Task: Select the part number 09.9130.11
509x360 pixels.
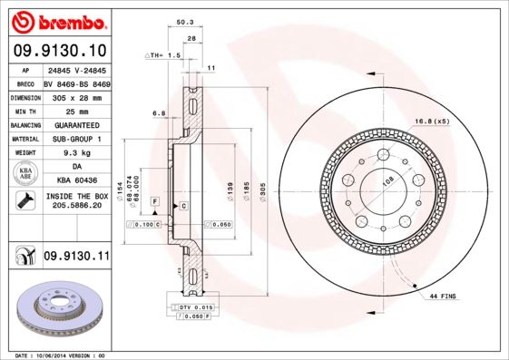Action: pyautogui.click(x=77, y=257)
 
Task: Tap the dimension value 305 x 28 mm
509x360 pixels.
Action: pyautogui.click(x=76, y=95)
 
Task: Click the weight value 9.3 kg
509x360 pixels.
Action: pyautogui.click(x=76, y=153)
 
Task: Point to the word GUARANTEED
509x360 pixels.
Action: pyautogui.click(x=76, y=124)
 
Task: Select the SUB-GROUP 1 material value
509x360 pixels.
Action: pyautogui.click(x=76, y=139)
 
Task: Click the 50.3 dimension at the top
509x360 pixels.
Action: pyautogui.click(x=185, y=22)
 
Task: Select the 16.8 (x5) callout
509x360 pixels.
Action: pyautogui.click(x=432, y=121)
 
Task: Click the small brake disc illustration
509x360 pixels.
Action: pyautogui.click(x=58, y=306)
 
